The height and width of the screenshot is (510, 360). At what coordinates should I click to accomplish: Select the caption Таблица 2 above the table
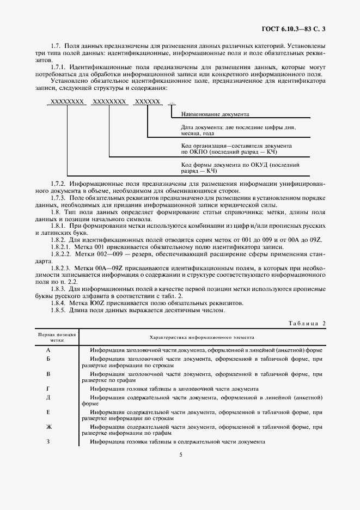[x=307, y=323]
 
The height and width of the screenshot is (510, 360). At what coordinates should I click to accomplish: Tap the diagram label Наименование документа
[x=215, y=114]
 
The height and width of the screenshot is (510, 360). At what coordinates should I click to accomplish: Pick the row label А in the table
[x=48, y=350]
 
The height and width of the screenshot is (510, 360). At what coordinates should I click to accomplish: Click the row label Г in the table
[x=48, y=389]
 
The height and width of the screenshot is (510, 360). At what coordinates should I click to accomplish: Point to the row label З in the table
[x=48, y=441]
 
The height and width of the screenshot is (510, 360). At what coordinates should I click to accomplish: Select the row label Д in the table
[x=48, y=398]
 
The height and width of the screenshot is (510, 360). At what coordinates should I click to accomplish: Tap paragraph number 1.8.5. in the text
[x=60, y=311]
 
